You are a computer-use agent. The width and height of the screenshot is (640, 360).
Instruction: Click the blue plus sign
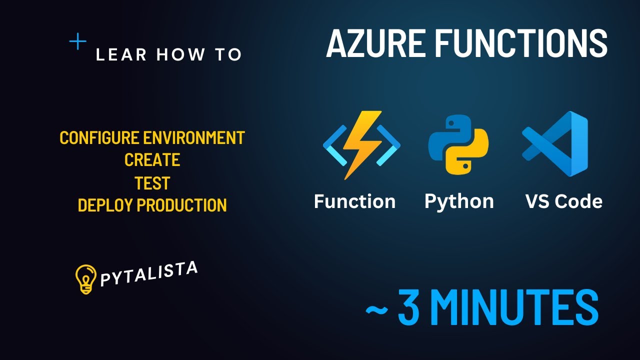77,41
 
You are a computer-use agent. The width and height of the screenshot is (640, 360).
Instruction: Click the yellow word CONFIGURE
99,137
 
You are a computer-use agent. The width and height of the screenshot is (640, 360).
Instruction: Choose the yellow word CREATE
152,160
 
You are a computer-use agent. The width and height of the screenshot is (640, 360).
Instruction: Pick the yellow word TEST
152,183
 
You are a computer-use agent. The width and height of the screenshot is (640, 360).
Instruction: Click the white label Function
354,201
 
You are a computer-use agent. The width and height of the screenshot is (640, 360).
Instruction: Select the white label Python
459,201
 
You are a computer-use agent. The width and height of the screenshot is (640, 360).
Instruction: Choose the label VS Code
563,201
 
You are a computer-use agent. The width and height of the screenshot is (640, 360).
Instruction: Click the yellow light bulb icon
85,279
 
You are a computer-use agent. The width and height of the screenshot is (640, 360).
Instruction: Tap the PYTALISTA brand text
148,274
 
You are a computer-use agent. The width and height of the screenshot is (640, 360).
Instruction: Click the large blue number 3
409,306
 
